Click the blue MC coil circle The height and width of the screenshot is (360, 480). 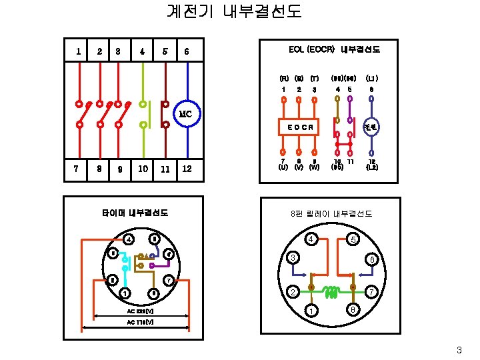186,114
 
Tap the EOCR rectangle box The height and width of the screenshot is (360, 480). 299,127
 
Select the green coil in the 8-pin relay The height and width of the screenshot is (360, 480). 331,290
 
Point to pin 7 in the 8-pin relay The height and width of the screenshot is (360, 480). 372,291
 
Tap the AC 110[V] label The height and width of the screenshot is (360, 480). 140,322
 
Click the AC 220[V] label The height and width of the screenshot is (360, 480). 140,311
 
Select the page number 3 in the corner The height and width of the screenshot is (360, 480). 459,350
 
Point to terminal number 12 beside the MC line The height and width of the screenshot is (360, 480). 187,169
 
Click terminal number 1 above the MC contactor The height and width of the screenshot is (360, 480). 79,51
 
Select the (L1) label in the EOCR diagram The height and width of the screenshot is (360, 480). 371,78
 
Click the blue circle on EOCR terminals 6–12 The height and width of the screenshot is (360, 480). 371,127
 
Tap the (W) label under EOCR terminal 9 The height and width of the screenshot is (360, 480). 314,167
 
